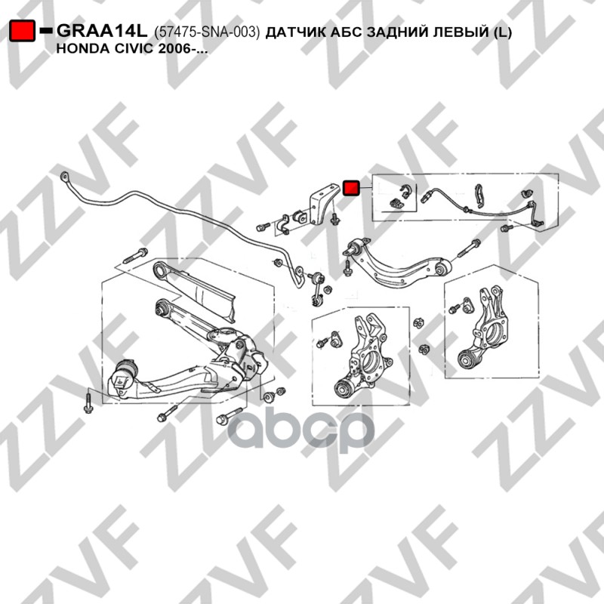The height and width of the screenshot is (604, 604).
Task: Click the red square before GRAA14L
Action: [22, 31]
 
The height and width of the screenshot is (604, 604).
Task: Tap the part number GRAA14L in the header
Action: [103, 31]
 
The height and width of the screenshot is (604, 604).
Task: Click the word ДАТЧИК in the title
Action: [298, 32]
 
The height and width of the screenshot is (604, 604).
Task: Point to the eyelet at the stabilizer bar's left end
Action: [63, 177]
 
